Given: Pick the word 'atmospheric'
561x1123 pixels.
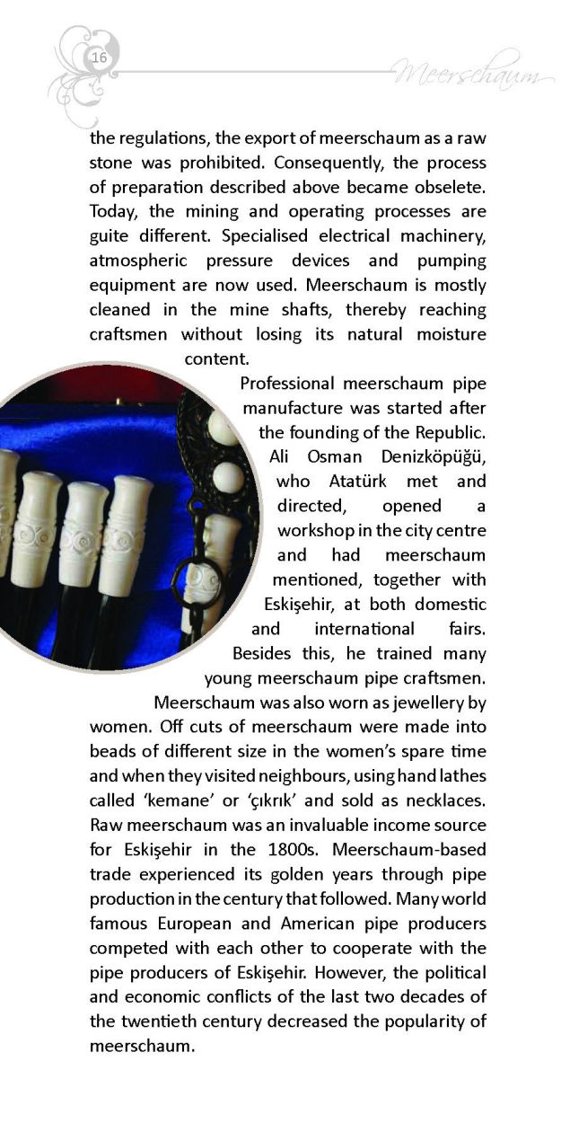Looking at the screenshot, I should pos(137,261).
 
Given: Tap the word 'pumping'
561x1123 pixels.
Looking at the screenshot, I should pos(451,261).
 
